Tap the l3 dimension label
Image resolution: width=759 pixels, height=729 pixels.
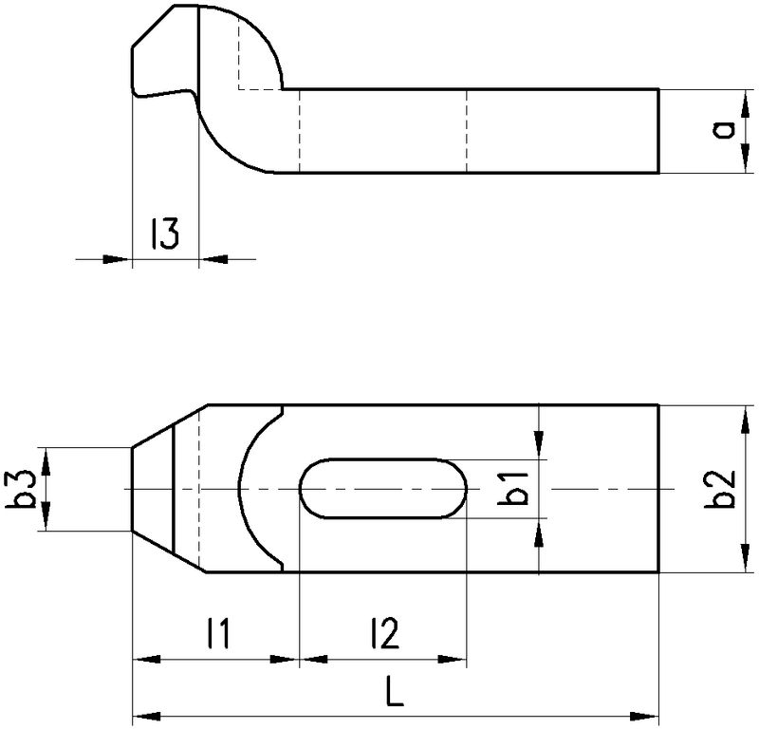[x=165, y=233]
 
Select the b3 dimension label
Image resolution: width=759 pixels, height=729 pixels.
[x=21, y=489]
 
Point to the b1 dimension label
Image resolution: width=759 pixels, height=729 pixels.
[x=513, y=488]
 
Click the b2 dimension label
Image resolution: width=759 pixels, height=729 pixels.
[x=720, y=489]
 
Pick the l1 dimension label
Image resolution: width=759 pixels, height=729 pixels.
[x=218, y=632]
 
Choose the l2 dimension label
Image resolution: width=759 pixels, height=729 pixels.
[x=385, y=632]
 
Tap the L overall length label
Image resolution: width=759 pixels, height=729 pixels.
[x=395, y=691]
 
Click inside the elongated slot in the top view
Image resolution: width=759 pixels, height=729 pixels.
[x=383, y=488]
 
